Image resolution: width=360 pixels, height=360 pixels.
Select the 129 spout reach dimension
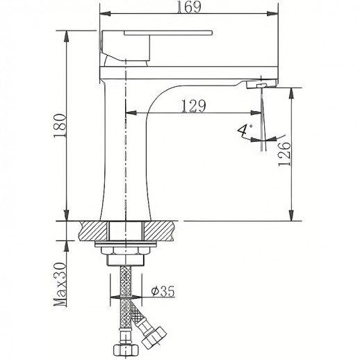tap(192, 106)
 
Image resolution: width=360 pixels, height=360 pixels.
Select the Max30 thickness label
tap(60, 284)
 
